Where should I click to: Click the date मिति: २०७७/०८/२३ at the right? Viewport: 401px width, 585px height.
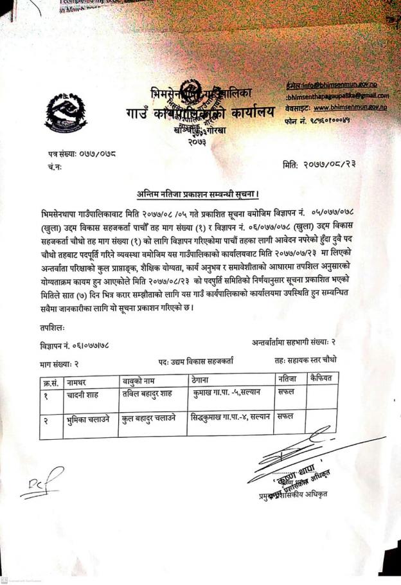(319, 164)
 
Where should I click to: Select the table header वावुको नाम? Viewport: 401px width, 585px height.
(141, 380)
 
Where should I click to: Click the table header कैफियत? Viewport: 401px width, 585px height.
(319, 378)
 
